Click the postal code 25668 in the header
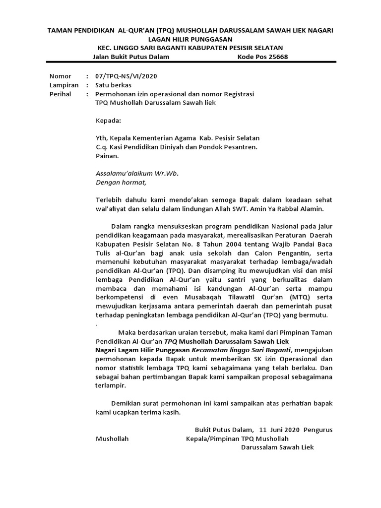click(x=278, y=57)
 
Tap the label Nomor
click(x=61, y=76)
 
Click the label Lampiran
click(x=64, y=85)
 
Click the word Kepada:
click(x=108, y=120)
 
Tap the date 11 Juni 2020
click(x=280, y=429)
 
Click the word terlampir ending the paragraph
click(x=111, y=385)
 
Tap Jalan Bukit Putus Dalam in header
click(x=131, y=57)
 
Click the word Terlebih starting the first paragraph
click(x=109, y=199)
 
